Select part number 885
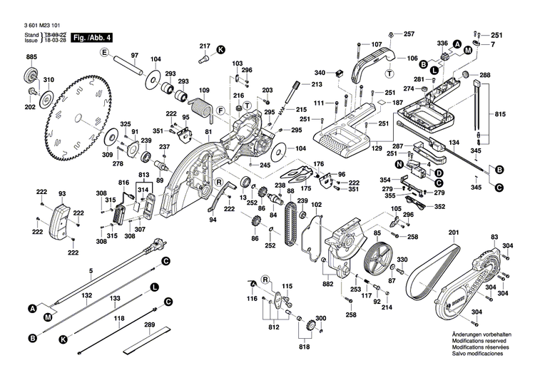tap(31, 57)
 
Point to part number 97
tap(134, 56)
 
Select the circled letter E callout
tap(103, 53)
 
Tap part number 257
tap(409, 34)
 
